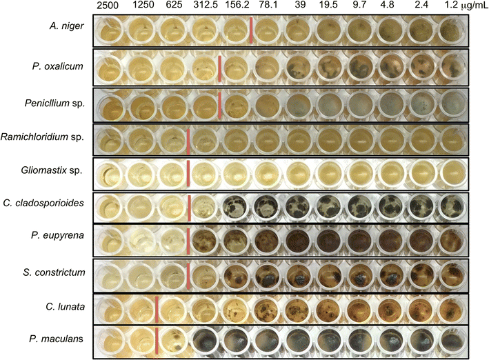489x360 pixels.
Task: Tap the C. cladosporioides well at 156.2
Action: (235, 206)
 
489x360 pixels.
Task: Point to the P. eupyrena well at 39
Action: (298, 241)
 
